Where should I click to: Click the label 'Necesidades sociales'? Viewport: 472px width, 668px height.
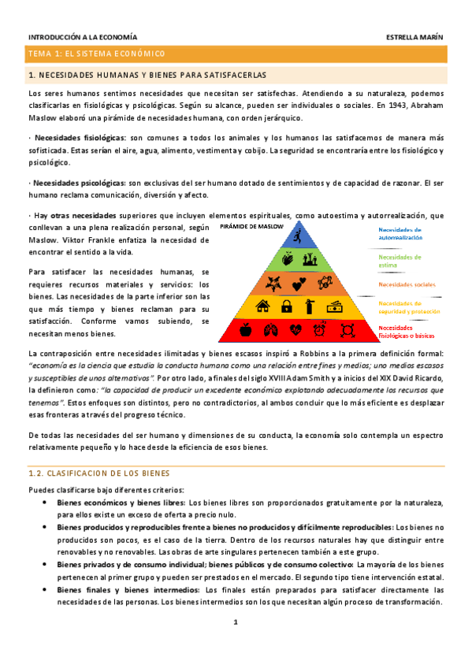click(x=405, y=284)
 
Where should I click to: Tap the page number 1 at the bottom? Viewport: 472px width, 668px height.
click(x=235, y=622)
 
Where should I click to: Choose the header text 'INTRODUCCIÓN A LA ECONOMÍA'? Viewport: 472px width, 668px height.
click(x=82, y=37)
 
